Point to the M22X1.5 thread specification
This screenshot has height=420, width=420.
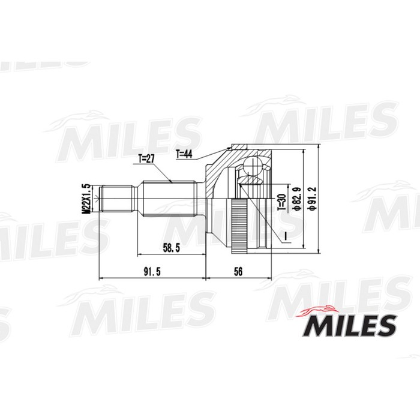[86, 199]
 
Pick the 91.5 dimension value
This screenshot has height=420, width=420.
[151, 272]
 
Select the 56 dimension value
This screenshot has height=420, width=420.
[238, 272]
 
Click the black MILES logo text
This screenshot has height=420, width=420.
[351, 327]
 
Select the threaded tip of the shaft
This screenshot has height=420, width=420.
[117, 199]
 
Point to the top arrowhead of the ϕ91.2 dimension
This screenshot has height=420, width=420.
[306, 150]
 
